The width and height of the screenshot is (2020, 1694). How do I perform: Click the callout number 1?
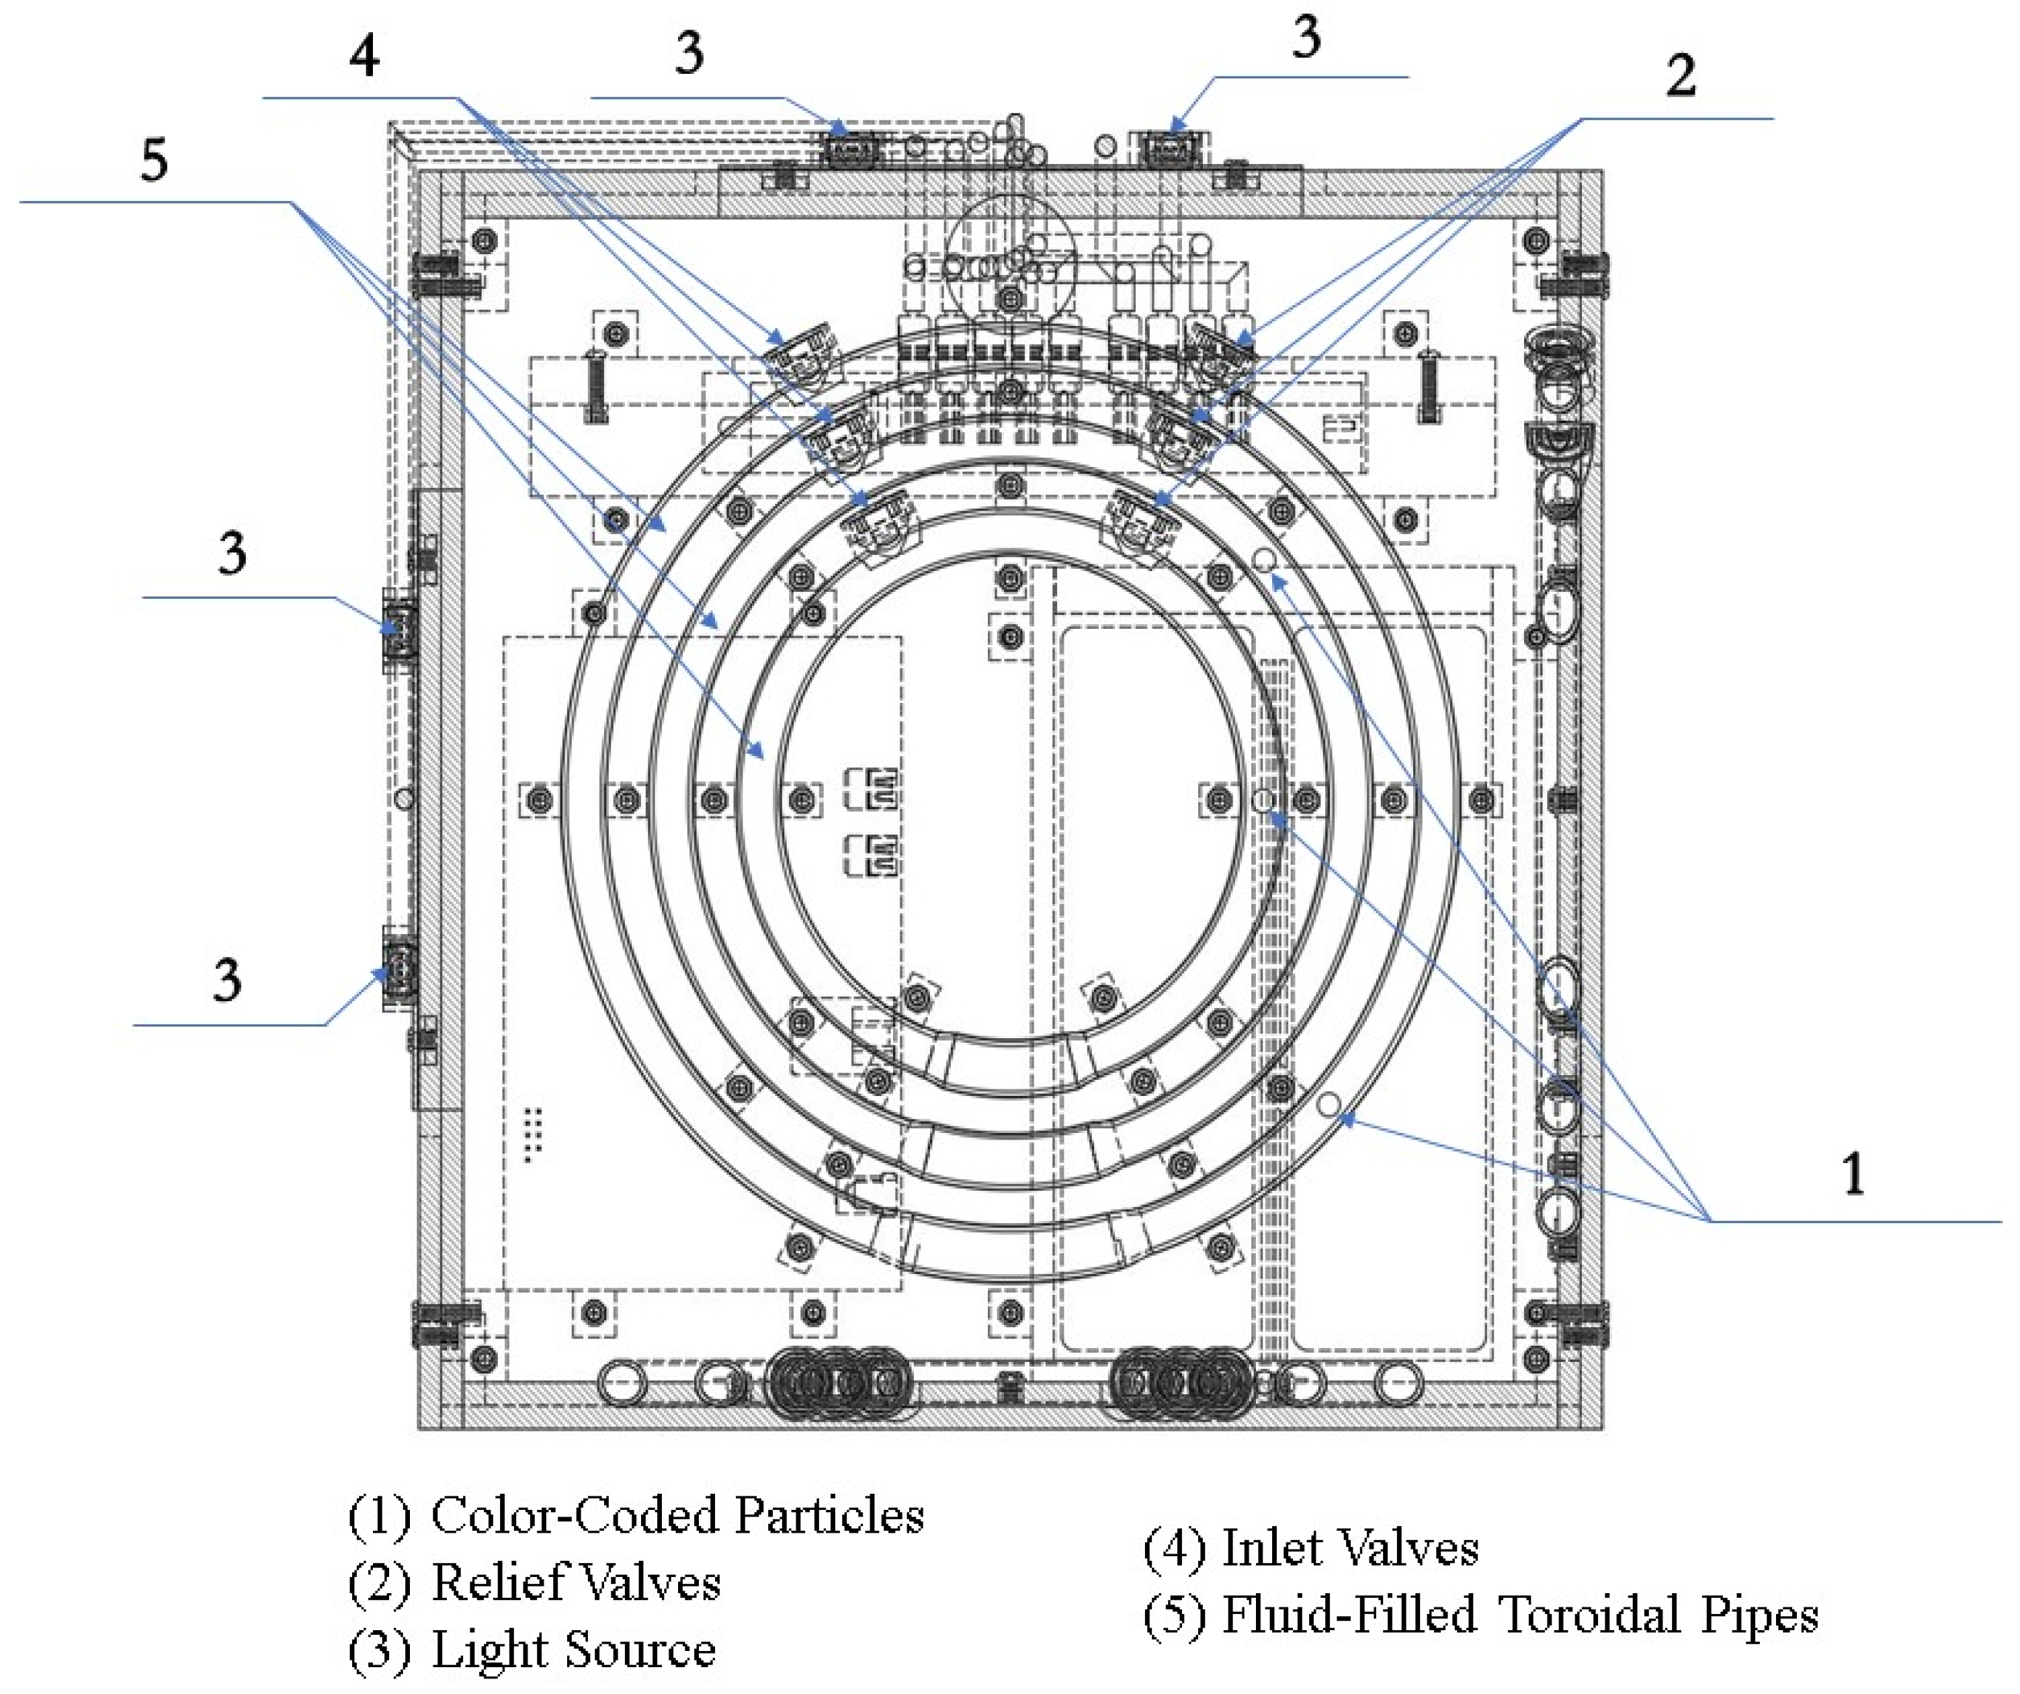coord(1853,1174)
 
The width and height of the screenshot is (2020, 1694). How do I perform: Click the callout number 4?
coord(364,55)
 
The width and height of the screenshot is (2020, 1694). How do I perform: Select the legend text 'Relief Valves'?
coord(575,1582)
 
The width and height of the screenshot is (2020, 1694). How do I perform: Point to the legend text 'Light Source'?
coord(573,1651)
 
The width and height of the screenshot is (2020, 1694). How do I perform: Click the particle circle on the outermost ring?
coord(1329,1104)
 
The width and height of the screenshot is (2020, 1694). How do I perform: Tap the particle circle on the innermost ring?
coord(1263,800)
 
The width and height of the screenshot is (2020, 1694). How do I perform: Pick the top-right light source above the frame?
coord(1171,147)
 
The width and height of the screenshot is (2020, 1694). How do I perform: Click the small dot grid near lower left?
coord(533,1135)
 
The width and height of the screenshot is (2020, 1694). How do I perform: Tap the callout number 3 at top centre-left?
coord(689,53)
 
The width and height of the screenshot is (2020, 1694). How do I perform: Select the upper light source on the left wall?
coord(398,630)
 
